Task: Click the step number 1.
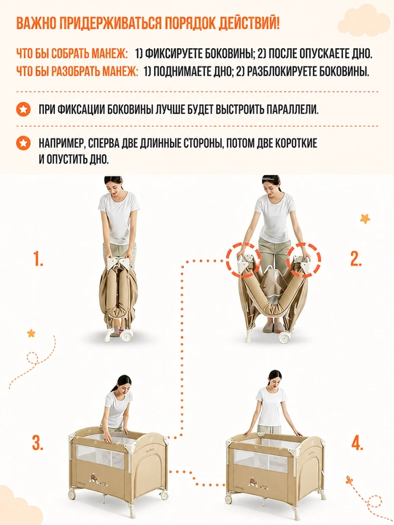coord(38,260)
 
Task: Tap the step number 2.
coord(356,259)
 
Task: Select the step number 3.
coord(37,443)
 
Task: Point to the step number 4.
coord(357,443)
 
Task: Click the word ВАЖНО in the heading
coord(36,24)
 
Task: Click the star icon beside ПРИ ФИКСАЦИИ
coord(23,109)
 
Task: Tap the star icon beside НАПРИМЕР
coord(23,144)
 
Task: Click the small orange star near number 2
coord(365,219)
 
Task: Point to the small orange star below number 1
coord(31,332)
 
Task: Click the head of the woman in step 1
coord(113,184)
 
